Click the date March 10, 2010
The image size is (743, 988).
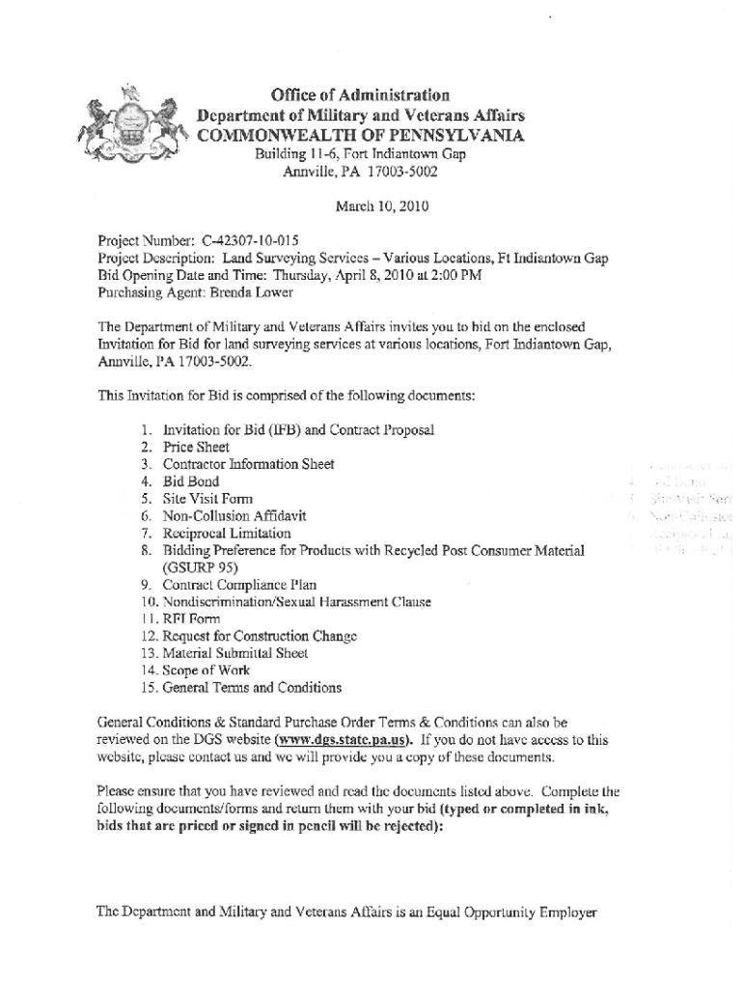pos(381,206)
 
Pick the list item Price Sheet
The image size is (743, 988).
pos(196,448)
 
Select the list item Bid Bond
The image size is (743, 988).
pos(191,481)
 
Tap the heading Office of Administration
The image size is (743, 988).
pos(360,96)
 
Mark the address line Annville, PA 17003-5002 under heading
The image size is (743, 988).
pos(360,174)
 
